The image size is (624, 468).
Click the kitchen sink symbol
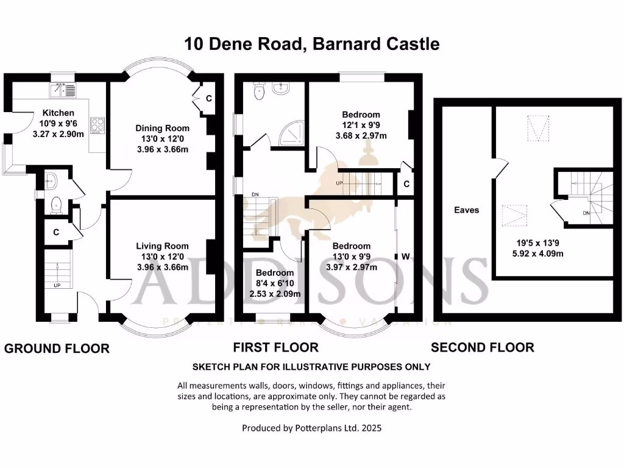tap(63, 90)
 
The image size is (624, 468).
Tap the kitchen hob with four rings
tap(97, 126)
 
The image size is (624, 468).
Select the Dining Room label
tap(162, 128)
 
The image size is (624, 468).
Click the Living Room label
tap(162, 246)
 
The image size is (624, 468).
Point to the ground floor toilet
tap(56, 205)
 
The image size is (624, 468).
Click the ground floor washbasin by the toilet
tap(51, 182)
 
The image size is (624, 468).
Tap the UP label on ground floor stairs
tap(57, 285)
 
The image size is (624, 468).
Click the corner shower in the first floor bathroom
tap(292, 133)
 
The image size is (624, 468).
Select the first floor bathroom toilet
tap(258, 91)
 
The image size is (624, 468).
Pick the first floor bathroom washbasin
tap(282, 88)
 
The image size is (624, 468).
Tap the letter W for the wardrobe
tap(405, 257)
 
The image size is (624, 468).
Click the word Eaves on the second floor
tap(466, 210)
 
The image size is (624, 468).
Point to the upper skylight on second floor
tap(538, 128)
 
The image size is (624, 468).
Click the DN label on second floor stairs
tap(586, 213)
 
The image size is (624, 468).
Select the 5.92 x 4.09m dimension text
tap(537, 253)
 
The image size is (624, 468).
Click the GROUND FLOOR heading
tap(57, 349)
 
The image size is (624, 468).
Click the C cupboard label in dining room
tap(208, 98)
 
